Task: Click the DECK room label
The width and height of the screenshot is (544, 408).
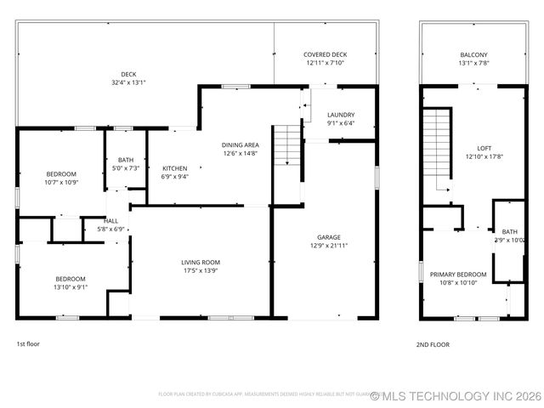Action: (x=128, y=74)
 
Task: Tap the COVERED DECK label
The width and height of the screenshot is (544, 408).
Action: (x=326, y=54)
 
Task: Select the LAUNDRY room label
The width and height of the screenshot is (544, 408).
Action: (x=341, y=114)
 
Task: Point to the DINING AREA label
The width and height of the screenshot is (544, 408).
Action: (x=241, y=145)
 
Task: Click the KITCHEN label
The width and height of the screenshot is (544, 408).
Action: (x=174, y=168)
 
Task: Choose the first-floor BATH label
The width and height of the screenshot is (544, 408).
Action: (x=126, y=160)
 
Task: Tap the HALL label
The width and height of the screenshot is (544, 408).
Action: (x=112, y=220)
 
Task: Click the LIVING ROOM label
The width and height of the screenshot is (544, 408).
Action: (x=201, y=262)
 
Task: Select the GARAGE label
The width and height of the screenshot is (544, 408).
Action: (x=329, y=237)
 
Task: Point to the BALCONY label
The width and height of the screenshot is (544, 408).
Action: (x=473, y=54)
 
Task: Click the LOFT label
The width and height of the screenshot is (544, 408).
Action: (x=484, y=147)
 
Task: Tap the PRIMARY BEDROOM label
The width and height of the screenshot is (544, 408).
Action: (x=458, y=274)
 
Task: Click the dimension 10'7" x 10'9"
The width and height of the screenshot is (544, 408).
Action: (x=60, y=182)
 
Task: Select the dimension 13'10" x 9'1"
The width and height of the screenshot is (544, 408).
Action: (x=71, y=287)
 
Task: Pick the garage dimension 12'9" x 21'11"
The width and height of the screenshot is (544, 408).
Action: (x=329, y=246)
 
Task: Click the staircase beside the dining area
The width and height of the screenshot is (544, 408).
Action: (x=287, y=146)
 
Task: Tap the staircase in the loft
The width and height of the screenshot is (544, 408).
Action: (x=436, y=149)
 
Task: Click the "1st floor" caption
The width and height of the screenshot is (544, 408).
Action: (x=28, y=344)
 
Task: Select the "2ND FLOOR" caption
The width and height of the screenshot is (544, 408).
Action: (x=433, y=344)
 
